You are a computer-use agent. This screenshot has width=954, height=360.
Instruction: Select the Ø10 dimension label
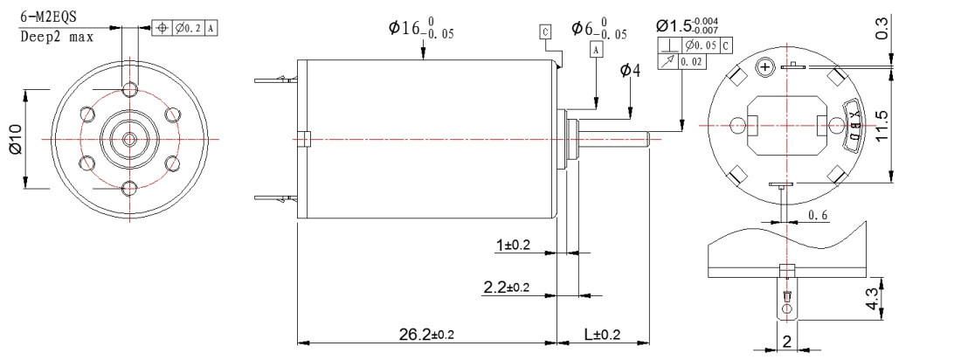15,140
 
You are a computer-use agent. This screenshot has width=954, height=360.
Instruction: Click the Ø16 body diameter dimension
423,31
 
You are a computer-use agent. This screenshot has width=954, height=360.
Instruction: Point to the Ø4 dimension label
630,71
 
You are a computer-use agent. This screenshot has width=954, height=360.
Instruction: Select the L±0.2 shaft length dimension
601,334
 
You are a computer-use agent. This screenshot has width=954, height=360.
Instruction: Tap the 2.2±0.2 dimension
507,287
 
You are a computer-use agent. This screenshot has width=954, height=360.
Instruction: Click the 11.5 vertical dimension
881,126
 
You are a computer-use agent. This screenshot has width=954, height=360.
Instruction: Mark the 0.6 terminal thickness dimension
819,215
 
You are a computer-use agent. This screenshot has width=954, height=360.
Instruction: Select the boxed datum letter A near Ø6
597,51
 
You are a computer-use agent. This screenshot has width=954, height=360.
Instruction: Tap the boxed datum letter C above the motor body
546,32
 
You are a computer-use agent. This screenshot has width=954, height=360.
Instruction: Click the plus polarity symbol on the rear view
767,66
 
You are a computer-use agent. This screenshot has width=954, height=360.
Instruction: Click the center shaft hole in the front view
129,139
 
